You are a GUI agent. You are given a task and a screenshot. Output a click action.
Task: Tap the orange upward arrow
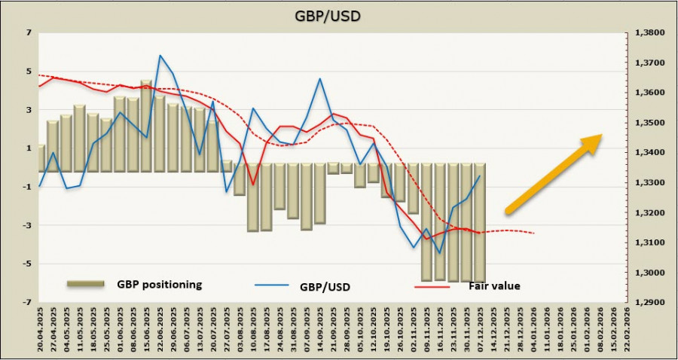click(x=553, y=173)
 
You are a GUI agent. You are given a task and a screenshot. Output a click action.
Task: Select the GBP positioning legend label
click(x=159, y=284)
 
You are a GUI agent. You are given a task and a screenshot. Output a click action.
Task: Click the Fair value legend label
click(x=494, y=285)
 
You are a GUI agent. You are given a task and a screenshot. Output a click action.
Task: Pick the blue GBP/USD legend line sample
click(x=273, y=286)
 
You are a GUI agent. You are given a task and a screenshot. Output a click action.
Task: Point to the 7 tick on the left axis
click(x=29, y=33)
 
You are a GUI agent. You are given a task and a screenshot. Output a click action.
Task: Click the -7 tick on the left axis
click(x=27, y=302)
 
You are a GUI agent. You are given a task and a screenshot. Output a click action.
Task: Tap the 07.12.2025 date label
click(x=480, y=331)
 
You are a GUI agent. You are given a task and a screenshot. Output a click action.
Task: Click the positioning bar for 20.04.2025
click(x=41, y=158)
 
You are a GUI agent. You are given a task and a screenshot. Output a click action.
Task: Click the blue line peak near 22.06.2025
click(x=160, y=55)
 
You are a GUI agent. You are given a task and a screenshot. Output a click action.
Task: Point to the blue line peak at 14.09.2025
click(x=320, y=78)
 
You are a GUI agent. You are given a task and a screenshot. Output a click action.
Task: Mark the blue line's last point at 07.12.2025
click(x=480, y=176)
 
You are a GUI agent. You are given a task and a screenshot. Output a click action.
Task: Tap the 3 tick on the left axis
click(x=29, y=110)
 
